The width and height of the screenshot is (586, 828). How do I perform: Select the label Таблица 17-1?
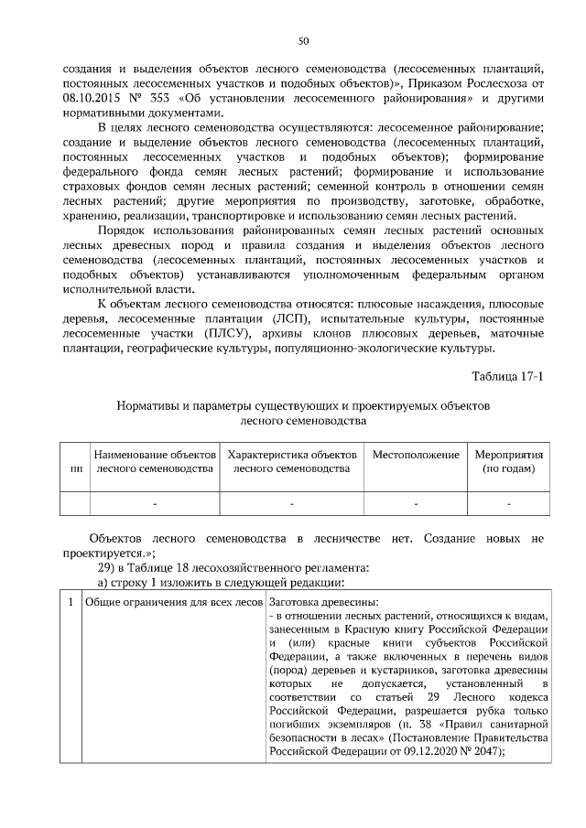coord(508,377)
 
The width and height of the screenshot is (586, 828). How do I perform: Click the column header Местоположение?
coord(415,454)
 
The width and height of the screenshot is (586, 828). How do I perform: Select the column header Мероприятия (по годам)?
coord(508,461)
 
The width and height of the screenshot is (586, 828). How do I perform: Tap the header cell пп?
coord(75,468)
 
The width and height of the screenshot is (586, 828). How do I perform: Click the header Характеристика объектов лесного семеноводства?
coord(291,461)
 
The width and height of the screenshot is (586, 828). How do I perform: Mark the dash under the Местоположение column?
coord(415,503)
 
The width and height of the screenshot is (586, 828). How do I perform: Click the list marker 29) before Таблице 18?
coord(108,567)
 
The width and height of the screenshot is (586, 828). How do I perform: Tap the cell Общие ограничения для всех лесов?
coord(173,601)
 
